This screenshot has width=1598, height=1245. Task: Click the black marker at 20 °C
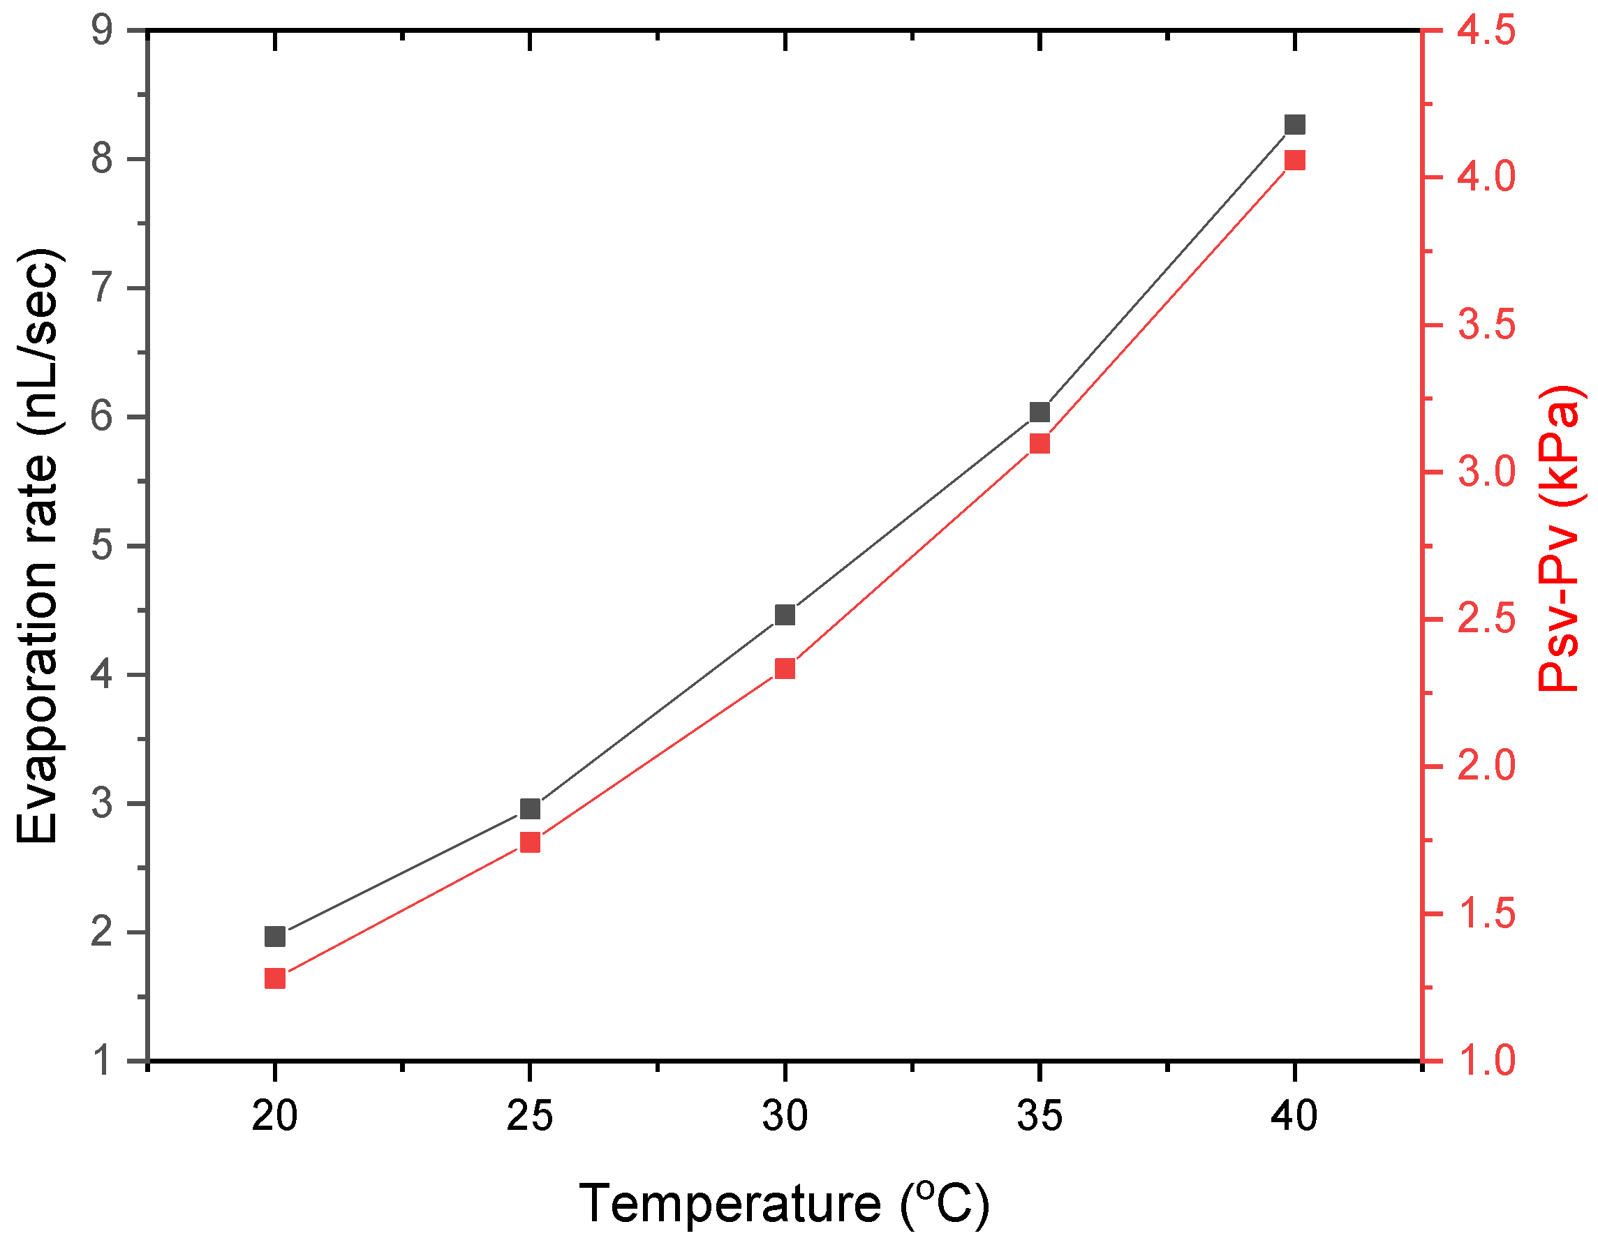pyautogui.click(x=274, y=937)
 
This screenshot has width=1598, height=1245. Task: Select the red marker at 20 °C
pyautogui.click(x=274, y=978)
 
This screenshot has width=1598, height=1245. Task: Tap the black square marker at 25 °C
pyautogui.click(x=530, y=809)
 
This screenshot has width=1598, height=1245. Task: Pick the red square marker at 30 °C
pyautogui.click(x=785, y=669)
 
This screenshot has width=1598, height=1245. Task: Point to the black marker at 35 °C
pyautogui.click(x=1040, y=412)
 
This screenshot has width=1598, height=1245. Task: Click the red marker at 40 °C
pyautogui.click(x=1295, y=161)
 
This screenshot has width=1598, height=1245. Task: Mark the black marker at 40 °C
pyautogui.click(x=1295, y=124)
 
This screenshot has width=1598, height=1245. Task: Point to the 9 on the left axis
pyautogui.click(x=103, y=31)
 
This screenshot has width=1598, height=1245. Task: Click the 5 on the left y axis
pyautogui.click(x=103, y=546)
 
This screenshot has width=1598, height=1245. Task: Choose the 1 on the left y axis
pyautogui.click(x=103, y=1061)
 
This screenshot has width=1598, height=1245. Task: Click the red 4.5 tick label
pyautogui.click(x=1486, y=31)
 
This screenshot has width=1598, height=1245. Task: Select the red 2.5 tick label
pyautogui.click(x=1486, y=620)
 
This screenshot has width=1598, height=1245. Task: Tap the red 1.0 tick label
pyautogui.click(x=1486, y=1061)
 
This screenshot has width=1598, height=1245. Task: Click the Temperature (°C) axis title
pyautogui.click(x=785, y=1203)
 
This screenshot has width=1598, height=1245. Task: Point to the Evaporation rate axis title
pyautogui.click(x=38, y=546)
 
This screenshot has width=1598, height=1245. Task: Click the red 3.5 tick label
pyautogui.click(x=1486, y=325)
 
